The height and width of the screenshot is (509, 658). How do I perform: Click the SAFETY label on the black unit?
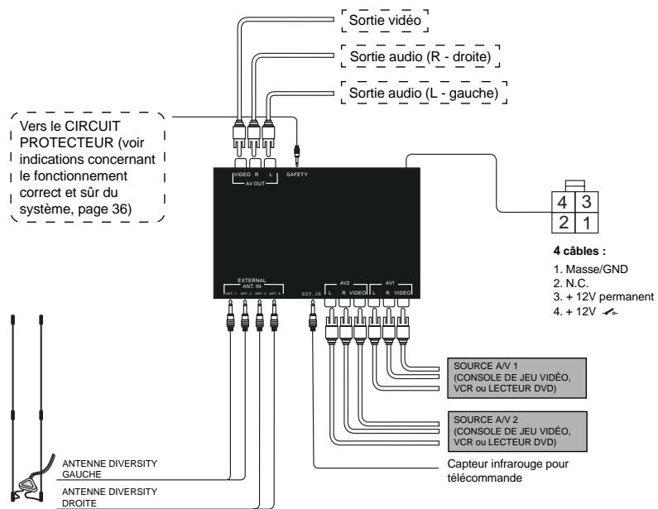(x=296, y=174)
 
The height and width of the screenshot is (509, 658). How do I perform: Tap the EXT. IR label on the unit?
(x=309, y=292)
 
